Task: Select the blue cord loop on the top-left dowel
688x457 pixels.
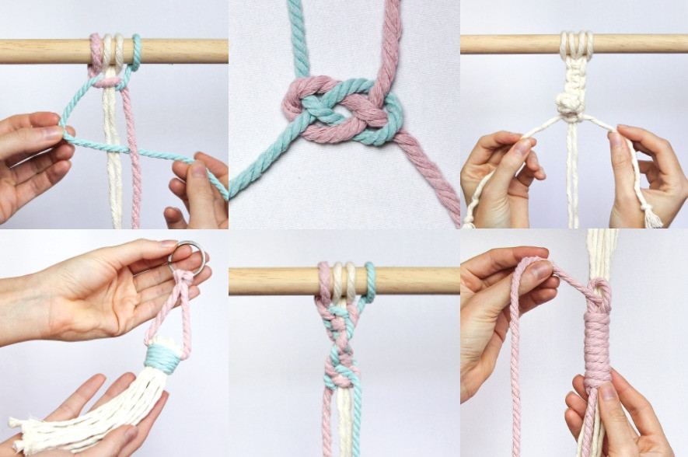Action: point(136,52)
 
